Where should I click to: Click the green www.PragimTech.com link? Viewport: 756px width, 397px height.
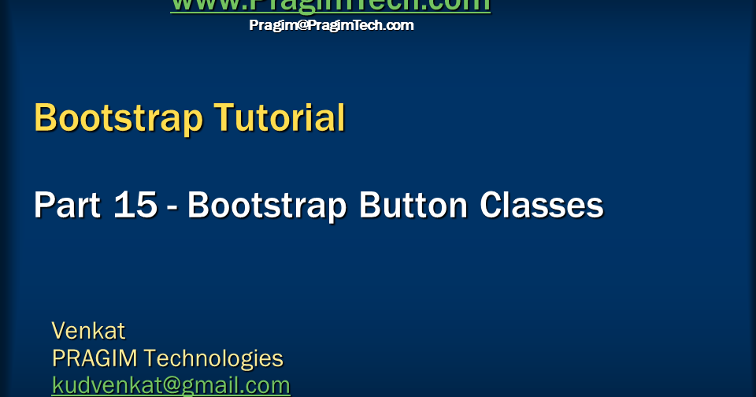[x=330, y=6]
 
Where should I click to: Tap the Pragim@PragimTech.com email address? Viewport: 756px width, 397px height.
[x=332, y=25]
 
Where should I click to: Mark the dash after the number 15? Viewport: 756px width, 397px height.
[x=172, y=209]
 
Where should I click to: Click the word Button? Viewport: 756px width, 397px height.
[x=414, y=206]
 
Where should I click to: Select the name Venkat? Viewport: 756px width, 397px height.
[x=88, y=330]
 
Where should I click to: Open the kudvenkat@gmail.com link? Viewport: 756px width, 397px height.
[x=171, y=385]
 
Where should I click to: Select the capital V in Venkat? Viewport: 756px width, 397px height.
[x=59, y=330]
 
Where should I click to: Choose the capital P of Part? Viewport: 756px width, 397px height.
[x=44, y=206]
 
